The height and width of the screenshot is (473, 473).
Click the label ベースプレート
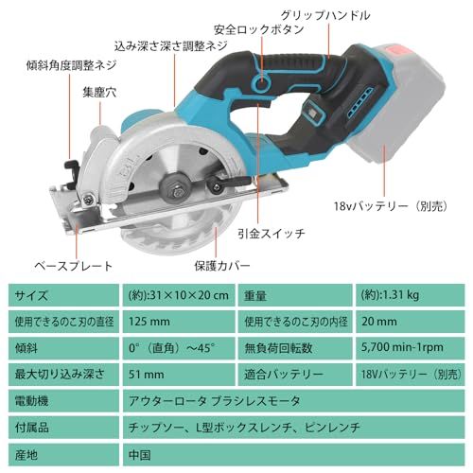click(75, 266)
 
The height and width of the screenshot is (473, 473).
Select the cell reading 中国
click(139, 453)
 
